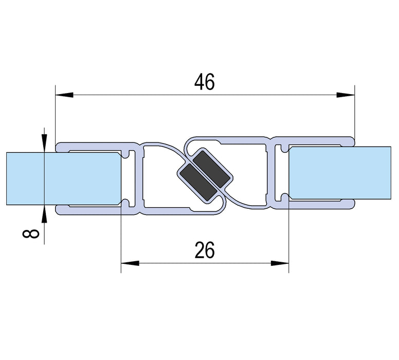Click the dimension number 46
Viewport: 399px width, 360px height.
tap(204, 82)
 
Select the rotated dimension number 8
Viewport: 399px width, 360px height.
tap(31, 234)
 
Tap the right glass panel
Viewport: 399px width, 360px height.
tap(340, 173)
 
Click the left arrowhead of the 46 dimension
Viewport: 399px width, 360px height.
tap(65, 95)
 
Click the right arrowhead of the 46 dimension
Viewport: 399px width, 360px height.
tap(346, 95)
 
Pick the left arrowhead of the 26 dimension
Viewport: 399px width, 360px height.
tap(130, 263)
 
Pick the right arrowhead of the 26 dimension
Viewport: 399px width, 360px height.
tap(280, 263)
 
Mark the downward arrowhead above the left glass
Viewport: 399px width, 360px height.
tap(45, 145)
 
